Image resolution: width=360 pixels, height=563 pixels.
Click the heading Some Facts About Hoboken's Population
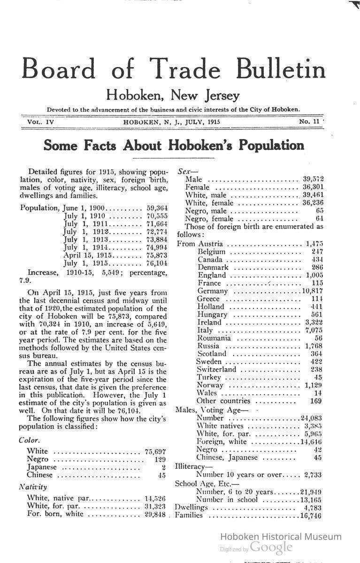click(x=174, y=145)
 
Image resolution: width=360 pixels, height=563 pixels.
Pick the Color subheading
click(x=29, y=441)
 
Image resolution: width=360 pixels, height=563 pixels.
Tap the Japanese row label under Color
click(x=42, y=467)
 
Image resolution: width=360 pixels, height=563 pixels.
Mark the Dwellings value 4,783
click(x=312, y=507)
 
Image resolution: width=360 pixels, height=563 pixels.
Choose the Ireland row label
click(x=209, y=323)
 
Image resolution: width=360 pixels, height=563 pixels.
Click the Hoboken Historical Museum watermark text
click(x=281, y=537)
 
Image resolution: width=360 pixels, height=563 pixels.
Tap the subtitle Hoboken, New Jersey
click(x=173, y=95)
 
